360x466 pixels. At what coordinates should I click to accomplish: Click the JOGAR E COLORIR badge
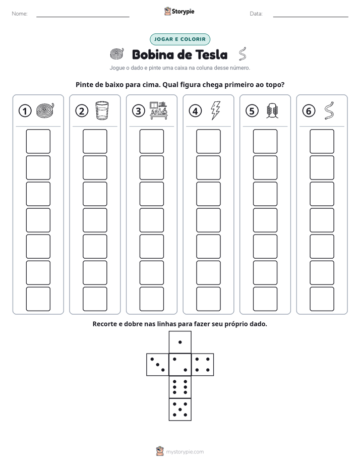(x=179, y=39)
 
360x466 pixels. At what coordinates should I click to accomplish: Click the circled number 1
(x=25, y=111)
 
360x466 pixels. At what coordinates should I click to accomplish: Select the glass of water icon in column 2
(x=102, y=110)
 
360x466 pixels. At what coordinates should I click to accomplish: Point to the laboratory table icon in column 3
(x=159, y=110)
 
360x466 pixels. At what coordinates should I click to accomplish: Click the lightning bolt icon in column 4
(x=216, y=110)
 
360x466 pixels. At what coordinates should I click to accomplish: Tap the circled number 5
(x=252, y=111)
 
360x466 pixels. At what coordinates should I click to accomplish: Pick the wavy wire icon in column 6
(x=329, y=110)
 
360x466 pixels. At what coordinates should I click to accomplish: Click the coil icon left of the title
(x=117, y=53)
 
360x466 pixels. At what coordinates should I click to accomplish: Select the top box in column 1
(x=38, y=141)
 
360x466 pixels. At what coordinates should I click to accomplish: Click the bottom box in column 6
(x=322, y=299)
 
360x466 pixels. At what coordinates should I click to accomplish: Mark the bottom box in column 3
(x=151, y=299)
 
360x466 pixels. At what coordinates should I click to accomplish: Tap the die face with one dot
(x=180, y=342)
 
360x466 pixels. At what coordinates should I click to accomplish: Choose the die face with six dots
(x=180, y=387)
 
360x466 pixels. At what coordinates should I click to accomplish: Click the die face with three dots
(x=158, y=365)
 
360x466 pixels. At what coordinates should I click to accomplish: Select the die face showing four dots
(x=203, y=365)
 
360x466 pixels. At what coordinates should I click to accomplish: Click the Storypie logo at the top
(x=179, y=12)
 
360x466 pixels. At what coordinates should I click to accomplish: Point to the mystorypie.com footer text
(x=185, y=452)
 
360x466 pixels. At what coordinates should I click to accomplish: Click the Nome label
(x=20, y=14)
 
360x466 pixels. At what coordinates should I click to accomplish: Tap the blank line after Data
(x=311, y=17)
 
